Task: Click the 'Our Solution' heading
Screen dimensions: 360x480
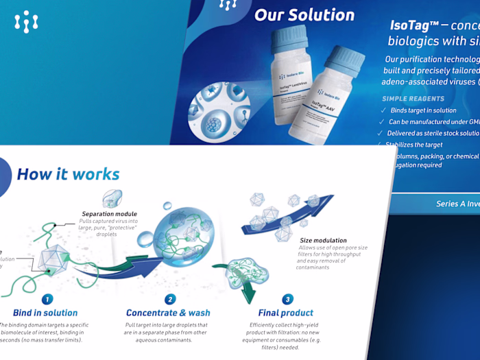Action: point(304,14)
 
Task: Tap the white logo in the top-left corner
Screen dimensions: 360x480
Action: point(26,22)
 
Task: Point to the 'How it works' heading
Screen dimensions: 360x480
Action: point(68,174)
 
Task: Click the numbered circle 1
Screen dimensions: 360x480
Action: point(47,299)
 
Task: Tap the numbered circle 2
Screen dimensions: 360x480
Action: point(170,299)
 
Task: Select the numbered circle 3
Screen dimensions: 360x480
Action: point(288,299)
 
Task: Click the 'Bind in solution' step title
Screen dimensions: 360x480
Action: point(46,313)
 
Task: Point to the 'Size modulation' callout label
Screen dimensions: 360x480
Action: point(323,241)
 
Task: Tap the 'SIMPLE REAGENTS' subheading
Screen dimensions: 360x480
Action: point(413,99)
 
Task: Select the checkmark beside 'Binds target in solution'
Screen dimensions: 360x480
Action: point(383,110)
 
